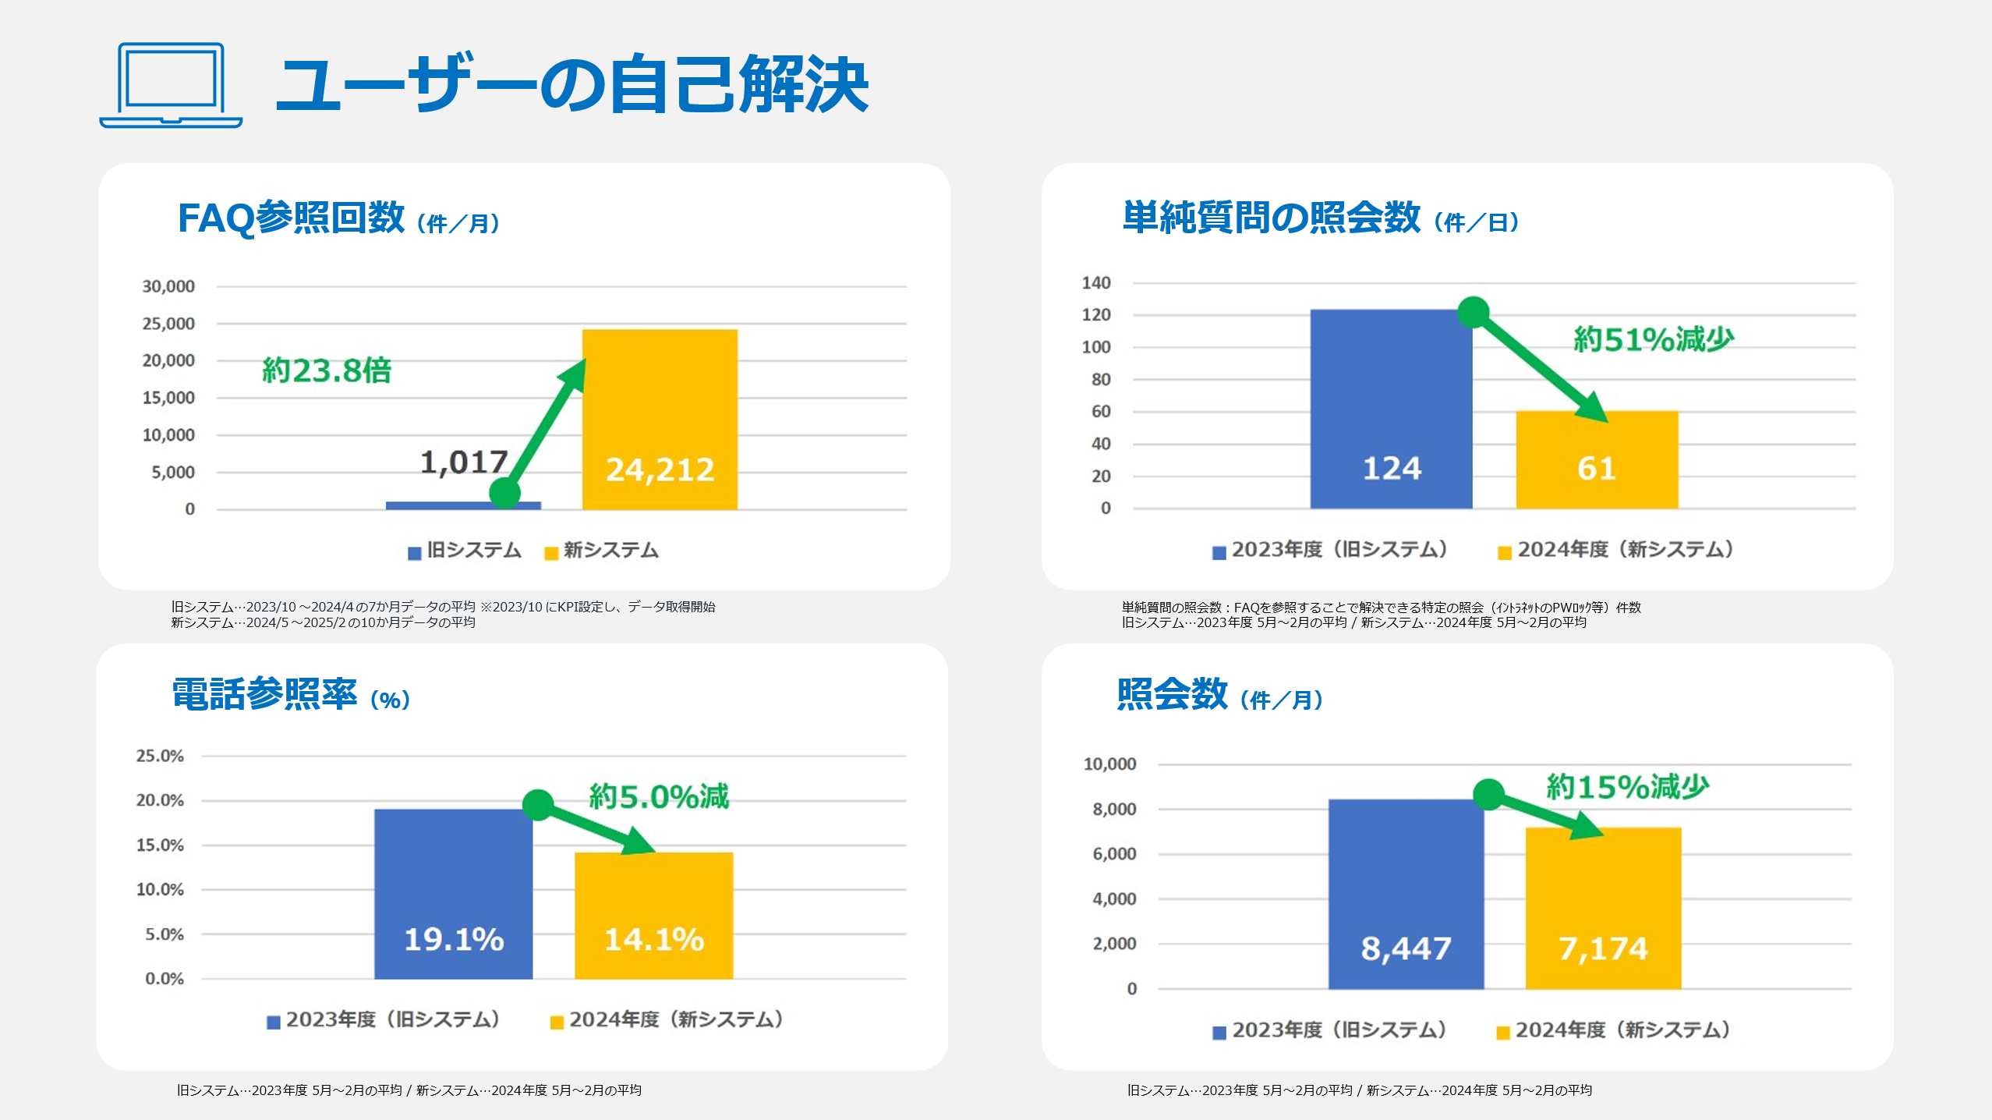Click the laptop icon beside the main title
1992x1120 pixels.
coord(171,85)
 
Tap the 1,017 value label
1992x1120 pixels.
coord(464,463)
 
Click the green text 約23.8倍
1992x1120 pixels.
coord(327,370)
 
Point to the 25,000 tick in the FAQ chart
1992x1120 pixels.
coord(168,324)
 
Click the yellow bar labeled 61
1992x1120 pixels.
coord(1597,459)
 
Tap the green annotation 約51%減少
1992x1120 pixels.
coord(1653,339)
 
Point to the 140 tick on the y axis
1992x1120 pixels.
coord(1096,283)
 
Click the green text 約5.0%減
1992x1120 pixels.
coord(659,796)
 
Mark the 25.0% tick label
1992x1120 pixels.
coord(160,756)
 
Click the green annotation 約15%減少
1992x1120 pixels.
coord(1627,787)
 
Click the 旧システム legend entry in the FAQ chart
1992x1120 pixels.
coord(465,551)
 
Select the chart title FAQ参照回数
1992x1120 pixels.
coord(291,218)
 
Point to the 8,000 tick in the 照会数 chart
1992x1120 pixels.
coord(1114,810)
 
